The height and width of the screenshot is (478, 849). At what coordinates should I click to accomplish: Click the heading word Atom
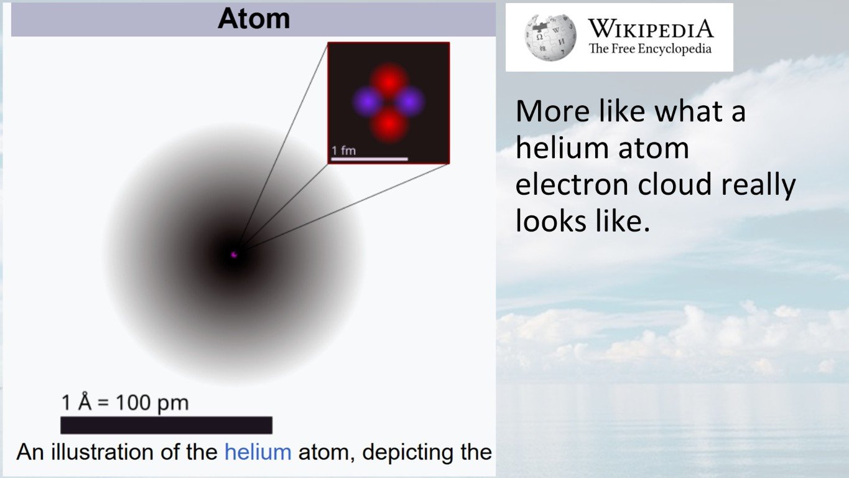coord(254,19)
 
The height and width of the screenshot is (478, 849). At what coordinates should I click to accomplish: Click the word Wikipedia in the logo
coord(651,29)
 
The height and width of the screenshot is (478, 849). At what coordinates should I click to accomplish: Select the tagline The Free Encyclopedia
coord(650,49)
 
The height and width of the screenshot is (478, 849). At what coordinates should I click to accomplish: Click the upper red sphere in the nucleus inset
coord(389,80)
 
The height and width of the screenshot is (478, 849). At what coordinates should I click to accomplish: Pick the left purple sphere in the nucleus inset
coord(368,102)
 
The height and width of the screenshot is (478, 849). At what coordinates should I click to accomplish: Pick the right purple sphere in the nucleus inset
coord(410,102)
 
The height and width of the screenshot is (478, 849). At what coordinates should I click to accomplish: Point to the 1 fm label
coord(343,151)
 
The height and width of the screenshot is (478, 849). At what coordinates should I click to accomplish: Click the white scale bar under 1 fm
coord(369,159)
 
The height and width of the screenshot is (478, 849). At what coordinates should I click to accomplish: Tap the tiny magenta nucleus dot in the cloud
coord(234,254)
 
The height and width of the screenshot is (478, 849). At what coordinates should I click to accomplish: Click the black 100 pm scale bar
coord(166,425)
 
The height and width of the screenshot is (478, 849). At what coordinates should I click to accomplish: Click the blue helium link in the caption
coord(257,452)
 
